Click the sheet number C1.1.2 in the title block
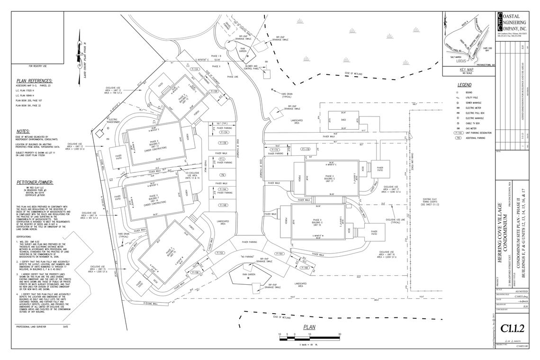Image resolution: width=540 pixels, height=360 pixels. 516,327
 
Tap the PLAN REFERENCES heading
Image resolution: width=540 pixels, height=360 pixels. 34,81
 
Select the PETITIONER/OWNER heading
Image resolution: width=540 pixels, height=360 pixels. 34,182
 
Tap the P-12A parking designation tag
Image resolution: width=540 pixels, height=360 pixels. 195,69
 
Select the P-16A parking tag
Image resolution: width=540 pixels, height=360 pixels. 280,254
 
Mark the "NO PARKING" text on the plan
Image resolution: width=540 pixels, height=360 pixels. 249,257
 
